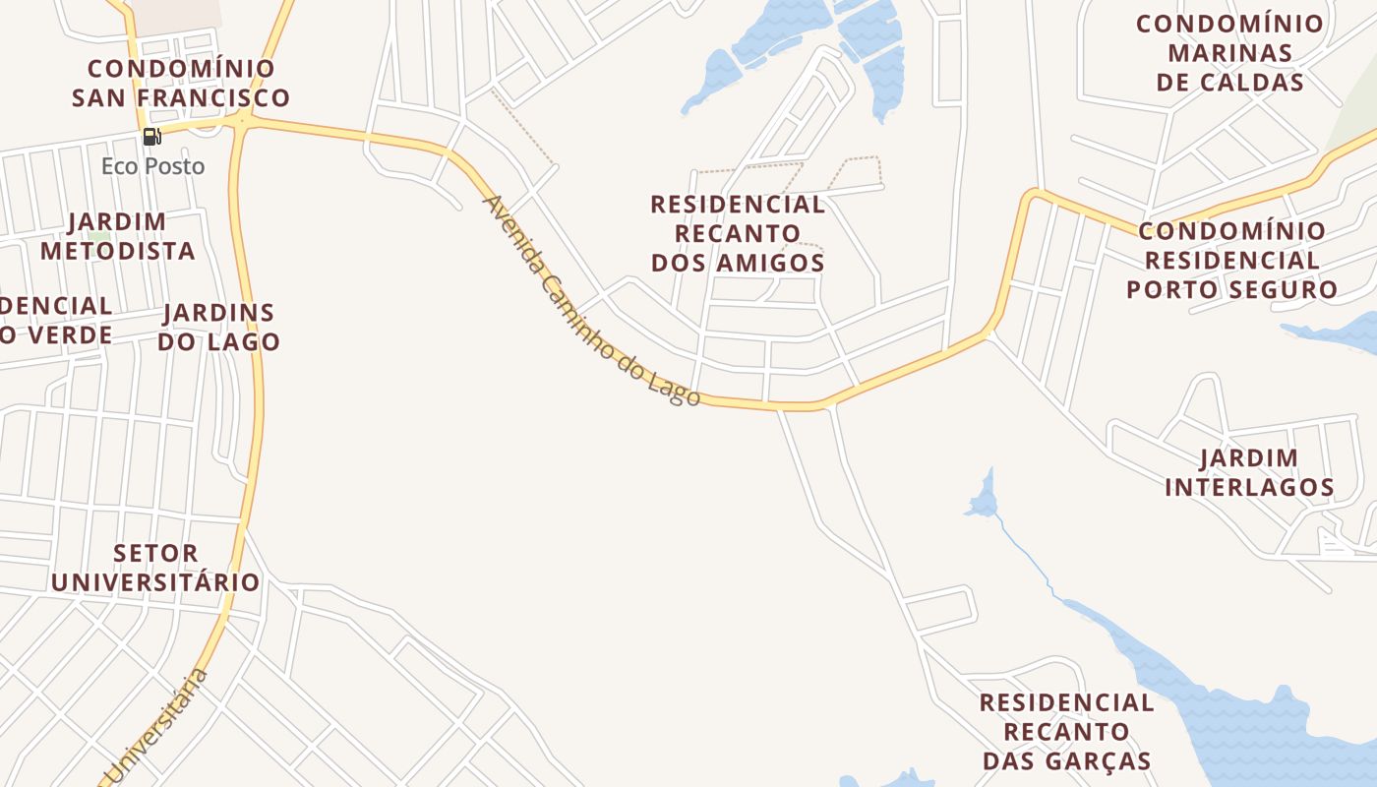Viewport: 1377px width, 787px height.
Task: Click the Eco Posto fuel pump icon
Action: tap(151, 137)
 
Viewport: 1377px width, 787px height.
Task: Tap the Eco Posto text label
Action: tap(153, 166)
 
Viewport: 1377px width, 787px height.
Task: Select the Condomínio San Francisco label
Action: tap(181, 84)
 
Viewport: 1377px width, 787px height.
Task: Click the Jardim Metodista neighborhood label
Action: tap(118, 236)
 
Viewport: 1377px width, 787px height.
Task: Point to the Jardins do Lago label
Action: tap(218, 328)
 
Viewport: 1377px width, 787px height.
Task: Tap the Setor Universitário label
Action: tap(155, 568)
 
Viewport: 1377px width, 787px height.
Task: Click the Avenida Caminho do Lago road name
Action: tap(591, 301)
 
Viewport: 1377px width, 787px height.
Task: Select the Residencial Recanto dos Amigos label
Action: tap(738, 234)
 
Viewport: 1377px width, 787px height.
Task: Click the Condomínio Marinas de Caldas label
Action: tap(1229, 53)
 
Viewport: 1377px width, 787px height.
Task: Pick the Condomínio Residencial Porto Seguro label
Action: tap(1231, 261)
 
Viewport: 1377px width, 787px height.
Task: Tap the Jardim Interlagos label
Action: tap(1249, 472)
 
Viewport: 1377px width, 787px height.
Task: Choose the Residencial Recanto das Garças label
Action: tap(1066, 732)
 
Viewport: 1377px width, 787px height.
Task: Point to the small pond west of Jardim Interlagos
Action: tap(982, 503)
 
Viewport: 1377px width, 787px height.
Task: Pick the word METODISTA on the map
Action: tap(118, 251)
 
